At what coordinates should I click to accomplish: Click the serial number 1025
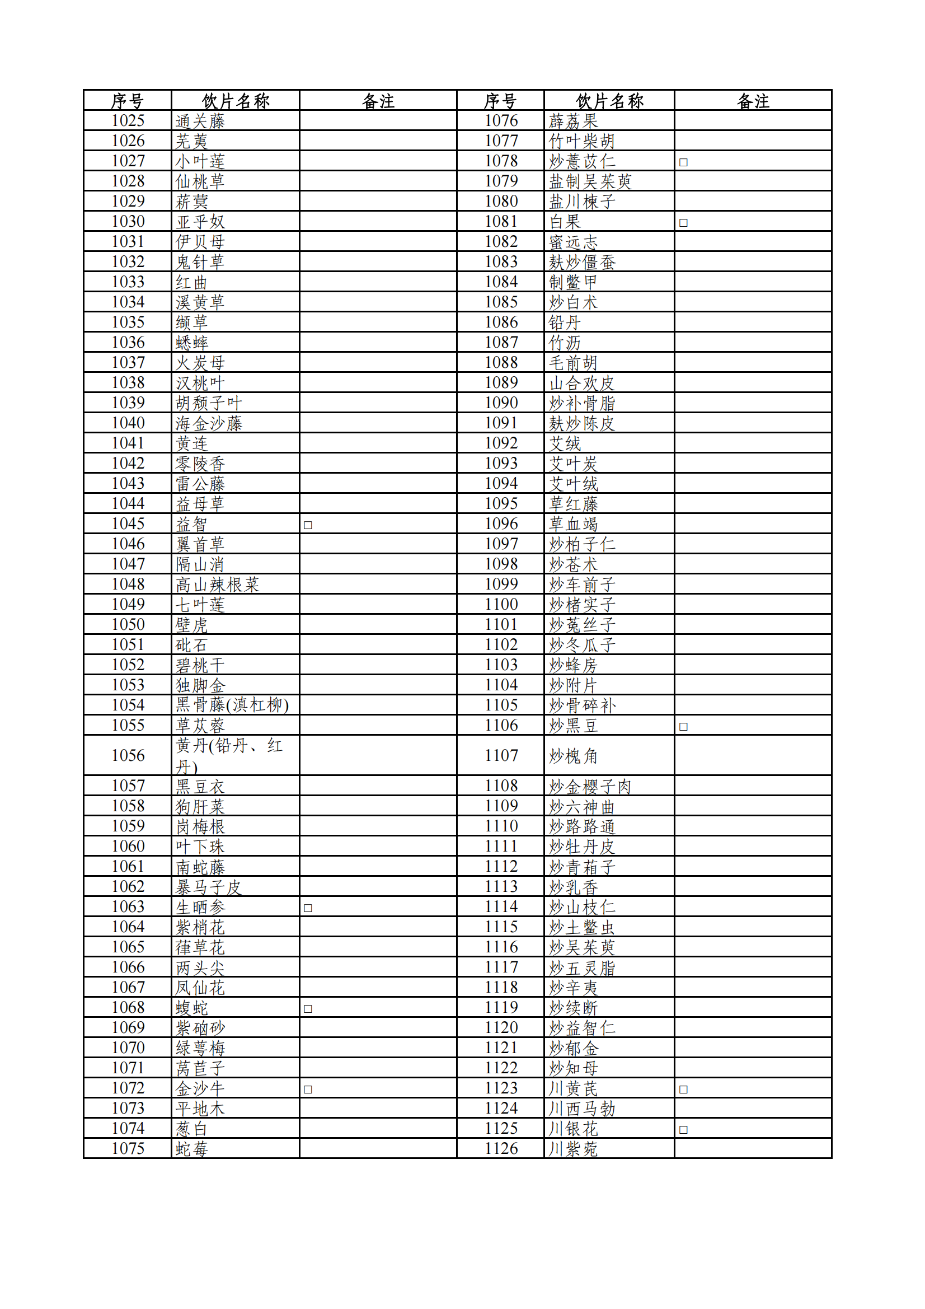128,121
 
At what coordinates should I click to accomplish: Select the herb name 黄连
191,443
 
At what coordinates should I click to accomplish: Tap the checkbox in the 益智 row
308,525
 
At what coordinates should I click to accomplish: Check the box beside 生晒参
308,908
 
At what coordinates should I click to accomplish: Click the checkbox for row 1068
308,1008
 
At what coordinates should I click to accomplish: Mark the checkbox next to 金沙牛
308,1089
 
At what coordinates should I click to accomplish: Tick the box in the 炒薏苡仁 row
683,162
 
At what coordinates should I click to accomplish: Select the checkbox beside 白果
683,223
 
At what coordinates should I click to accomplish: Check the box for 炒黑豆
683,726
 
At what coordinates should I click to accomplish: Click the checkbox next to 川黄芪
683,1089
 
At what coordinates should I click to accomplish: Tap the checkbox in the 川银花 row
683,1129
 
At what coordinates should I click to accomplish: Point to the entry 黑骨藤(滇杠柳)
232,705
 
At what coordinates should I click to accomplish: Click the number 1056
128,755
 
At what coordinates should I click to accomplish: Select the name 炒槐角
573,756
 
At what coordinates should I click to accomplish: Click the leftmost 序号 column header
127,101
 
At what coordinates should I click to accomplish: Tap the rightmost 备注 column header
753,101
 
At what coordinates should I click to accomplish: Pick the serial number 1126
501,1149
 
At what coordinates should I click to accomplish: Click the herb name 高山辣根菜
217,585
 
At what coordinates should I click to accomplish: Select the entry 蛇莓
191,1149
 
